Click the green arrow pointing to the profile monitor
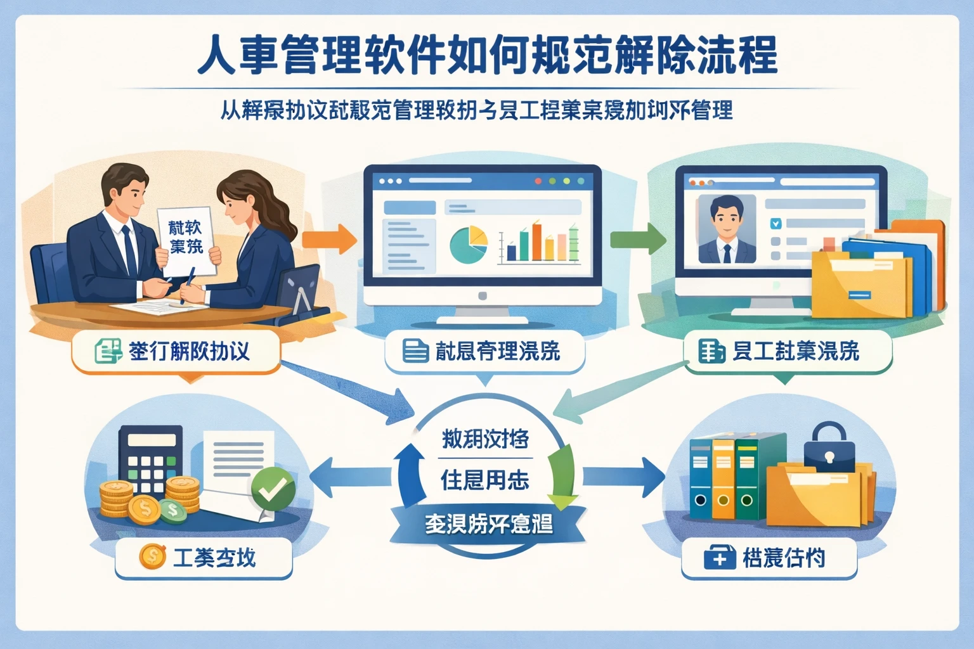(x=637, y=240)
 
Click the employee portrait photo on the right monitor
(x=727, y=229)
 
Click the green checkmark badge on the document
(x=273, y=489)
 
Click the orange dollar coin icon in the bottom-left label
(x=152, y=557)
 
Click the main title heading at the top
(x=487, y=56)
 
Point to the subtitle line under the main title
(x=476, y=110)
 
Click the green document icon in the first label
(x=108, y=350)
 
